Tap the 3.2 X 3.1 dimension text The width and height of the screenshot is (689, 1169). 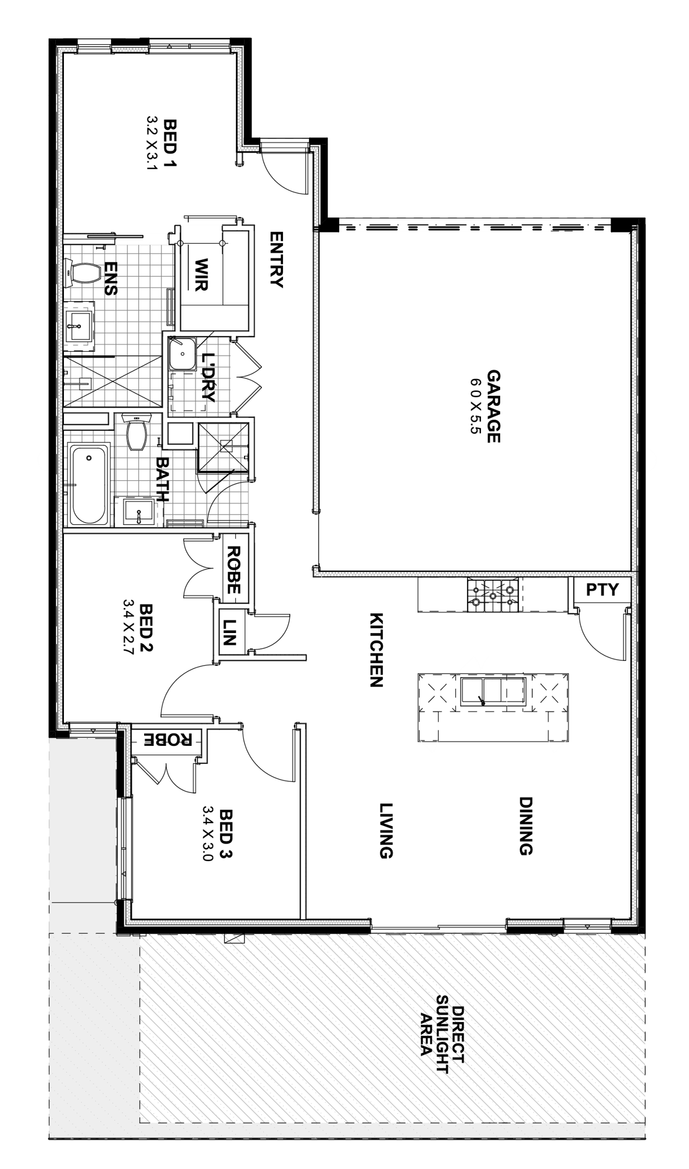153,144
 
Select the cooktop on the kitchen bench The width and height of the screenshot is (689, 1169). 492,595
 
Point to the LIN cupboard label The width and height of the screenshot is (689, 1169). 228,631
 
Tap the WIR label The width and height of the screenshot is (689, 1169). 201,274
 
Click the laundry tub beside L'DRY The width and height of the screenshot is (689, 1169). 183,353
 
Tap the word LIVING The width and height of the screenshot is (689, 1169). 386,831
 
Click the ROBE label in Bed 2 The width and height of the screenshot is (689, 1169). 233,569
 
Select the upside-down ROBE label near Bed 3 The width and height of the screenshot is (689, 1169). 170,739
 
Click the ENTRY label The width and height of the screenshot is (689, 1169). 276,259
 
